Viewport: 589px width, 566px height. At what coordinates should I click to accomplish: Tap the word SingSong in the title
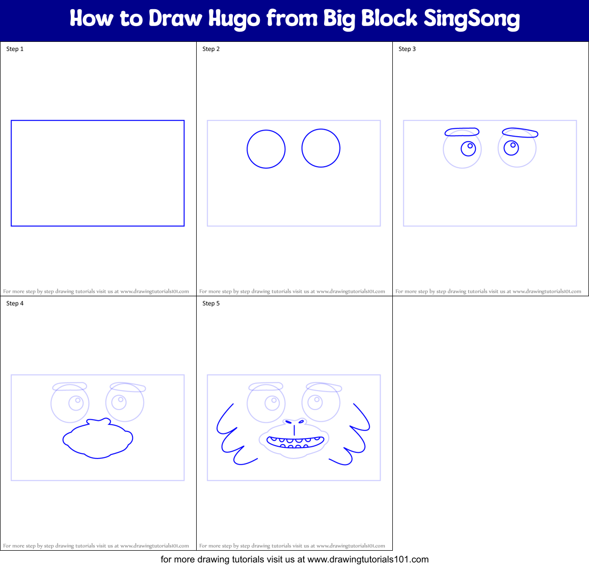(472, 19)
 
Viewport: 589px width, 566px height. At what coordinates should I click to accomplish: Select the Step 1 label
(15, 49)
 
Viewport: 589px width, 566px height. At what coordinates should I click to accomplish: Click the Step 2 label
(211, 49)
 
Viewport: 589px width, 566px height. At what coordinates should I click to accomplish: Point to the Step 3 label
(407, 49)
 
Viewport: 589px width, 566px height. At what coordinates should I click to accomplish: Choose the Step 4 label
(15, 303)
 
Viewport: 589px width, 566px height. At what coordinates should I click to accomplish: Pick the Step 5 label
(211, 303)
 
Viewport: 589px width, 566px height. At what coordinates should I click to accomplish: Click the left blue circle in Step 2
(266, 149)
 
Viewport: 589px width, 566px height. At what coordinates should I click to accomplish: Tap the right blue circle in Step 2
(321, 148)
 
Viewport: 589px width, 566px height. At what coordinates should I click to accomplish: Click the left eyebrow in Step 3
(462, 132)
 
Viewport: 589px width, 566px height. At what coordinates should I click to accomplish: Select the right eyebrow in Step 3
(520, 133)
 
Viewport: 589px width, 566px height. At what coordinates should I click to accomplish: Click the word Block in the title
(390, 19)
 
